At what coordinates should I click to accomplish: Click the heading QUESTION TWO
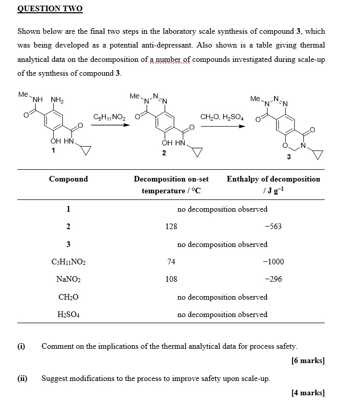(50, 9)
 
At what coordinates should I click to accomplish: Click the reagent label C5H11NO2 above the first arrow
(109, 117)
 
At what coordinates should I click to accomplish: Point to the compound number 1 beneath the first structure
(53, 150)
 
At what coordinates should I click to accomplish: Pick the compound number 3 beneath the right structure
(289, 156)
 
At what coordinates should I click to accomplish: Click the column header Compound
(68, 179)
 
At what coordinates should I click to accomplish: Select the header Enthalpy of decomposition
(273, 179)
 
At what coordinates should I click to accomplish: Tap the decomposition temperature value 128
(171, 227)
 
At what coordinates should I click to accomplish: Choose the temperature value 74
(171, 262)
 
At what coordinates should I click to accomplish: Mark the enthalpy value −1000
(273, 262)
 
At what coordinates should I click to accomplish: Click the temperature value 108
(171, 279)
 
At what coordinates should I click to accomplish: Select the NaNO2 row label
(68, 280)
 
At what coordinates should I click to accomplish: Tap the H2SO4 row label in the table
(68, 315)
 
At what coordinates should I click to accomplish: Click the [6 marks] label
(308, 360)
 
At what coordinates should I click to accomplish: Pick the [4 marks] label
(308, 393)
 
